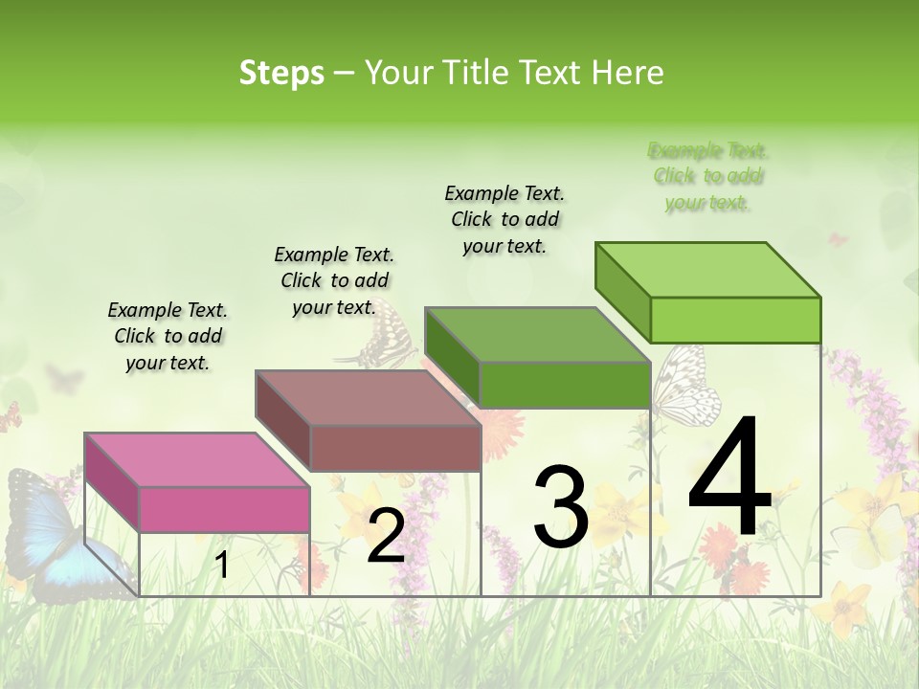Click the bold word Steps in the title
point(281,73)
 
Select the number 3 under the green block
point(560,507)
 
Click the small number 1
point(221,566)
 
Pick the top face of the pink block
point(197,459)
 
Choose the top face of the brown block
point(368,397)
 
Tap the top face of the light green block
point(708,270)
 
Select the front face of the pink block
point(224,509)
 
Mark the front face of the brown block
point(394,447)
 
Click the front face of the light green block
point(735,320)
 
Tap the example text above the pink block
point(168,336)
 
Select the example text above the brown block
point(334,280)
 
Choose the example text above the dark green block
point(504,219)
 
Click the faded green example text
point(708,176)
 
